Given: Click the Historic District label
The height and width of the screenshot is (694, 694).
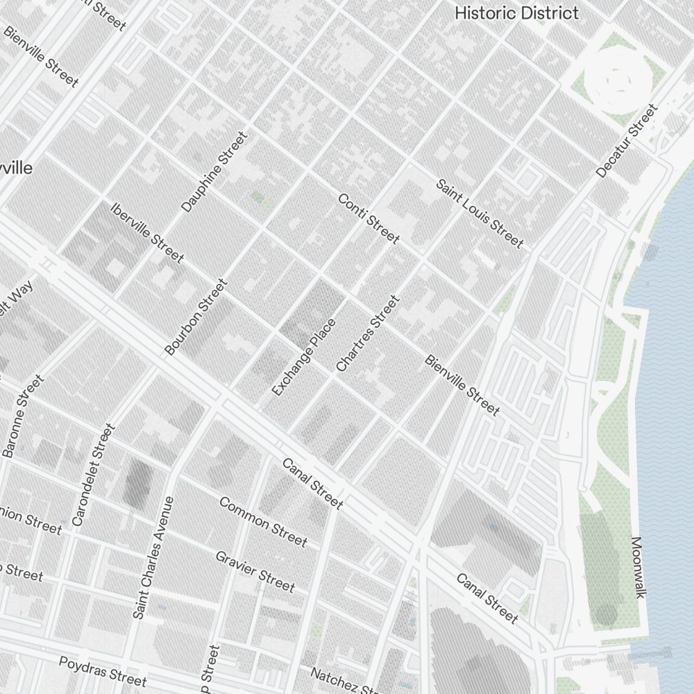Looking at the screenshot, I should [516, 12].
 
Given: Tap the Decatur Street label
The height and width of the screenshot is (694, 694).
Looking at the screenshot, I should [626, 141].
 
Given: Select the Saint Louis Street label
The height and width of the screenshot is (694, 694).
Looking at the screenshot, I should [479, 213].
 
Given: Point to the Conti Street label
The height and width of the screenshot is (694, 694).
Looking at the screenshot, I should [369, 219].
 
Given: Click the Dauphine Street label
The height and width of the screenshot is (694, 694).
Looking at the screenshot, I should [214, 172].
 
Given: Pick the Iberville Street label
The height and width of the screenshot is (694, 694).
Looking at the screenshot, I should [147, 232].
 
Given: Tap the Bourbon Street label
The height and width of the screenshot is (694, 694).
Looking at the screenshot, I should [196, 317].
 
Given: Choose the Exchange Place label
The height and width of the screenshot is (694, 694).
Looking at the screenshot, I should [304, 357].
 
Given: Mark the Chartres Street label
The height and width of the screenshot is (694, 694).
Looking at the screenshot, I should [368, 333].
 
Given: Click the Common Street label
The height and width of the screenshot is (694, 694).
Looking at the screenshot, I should [263, 521].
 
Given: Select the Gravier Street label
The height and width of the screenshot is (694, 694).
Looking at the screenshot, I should [255, 570].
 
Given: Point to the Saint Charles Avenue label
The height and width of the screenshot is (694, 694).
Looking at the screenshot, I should [153, 557].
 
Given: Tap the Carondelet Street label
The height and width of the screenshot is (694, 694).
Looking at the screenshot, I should [92, 475].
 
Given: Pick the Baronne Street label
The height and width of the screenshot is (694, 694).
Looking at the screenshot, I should [23, 416].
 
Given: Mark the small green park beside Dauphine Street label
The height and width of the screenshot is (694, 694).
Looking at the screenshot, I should [260, 199].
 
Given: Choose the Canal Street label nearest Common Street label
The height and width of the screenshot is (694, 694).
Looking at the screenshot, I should [312, 482].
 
